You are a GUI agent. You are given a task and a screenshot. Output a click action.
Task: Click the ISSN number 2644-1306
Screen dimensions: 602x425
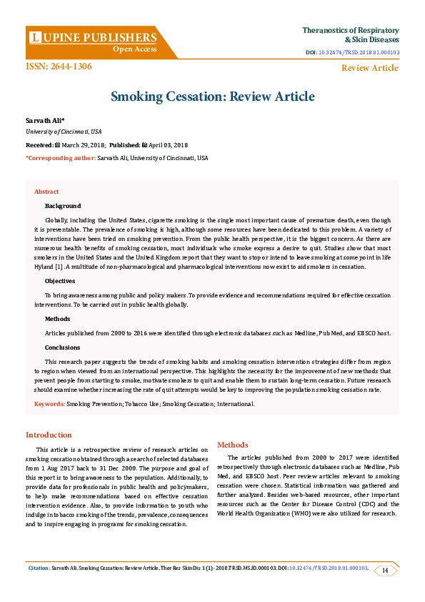coord(59,66)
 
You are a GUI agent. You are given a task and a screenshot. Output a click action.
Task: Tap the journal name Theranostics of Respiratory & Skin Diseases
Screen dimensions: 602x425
coord(350,35)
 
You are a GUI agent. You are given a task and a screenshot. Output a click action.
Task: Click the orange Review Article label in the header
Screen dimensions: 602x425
coord(369,68)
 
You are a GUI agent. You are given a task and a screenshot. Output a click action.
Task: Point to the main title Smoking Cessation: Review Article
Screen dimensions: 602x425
coord(212,97)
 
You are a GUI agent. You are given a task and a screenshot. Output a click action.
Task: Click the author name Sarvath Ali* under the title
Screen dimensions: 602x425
coord(44,121)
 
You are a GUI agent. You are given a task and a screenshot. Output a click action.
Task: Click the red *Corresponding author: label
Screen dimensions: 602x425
coord(60,157)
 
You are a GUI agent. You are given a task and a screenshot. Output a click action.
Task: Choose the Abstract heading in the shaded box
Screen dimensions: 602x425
coord(46,192)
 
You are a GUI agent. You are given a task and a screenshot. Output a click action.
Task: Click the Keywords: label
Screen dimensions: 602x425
coord(50,404)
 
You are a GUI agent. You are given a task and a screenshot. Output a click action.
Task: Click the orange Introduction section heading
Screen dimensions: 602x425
coord(49,435)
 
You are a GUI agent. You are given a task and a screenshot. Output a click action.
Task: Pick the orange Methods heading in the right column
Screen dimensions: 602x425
coord(232,444)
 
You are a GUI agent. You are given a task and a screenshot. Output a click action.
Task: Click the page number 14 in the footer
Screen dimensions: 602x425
coord(385,570)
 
